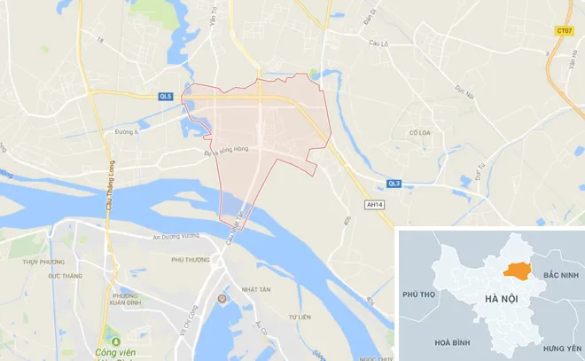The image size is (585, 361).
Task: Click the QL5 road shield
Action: click(x=166, y=94)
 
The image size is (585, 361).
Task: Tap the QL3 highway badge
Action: click(x=394, y=184)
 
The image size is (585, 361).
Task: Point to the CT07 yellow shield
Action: click(x=564, y=30)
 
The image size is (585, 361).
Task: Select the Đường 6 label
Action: click(x=128, y=131)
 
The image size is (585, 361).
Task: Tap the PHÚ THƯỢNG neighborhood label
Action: click(x=190, y=259)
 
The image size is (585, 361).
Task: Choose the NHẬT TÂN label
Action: click(x=255, y=289)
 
